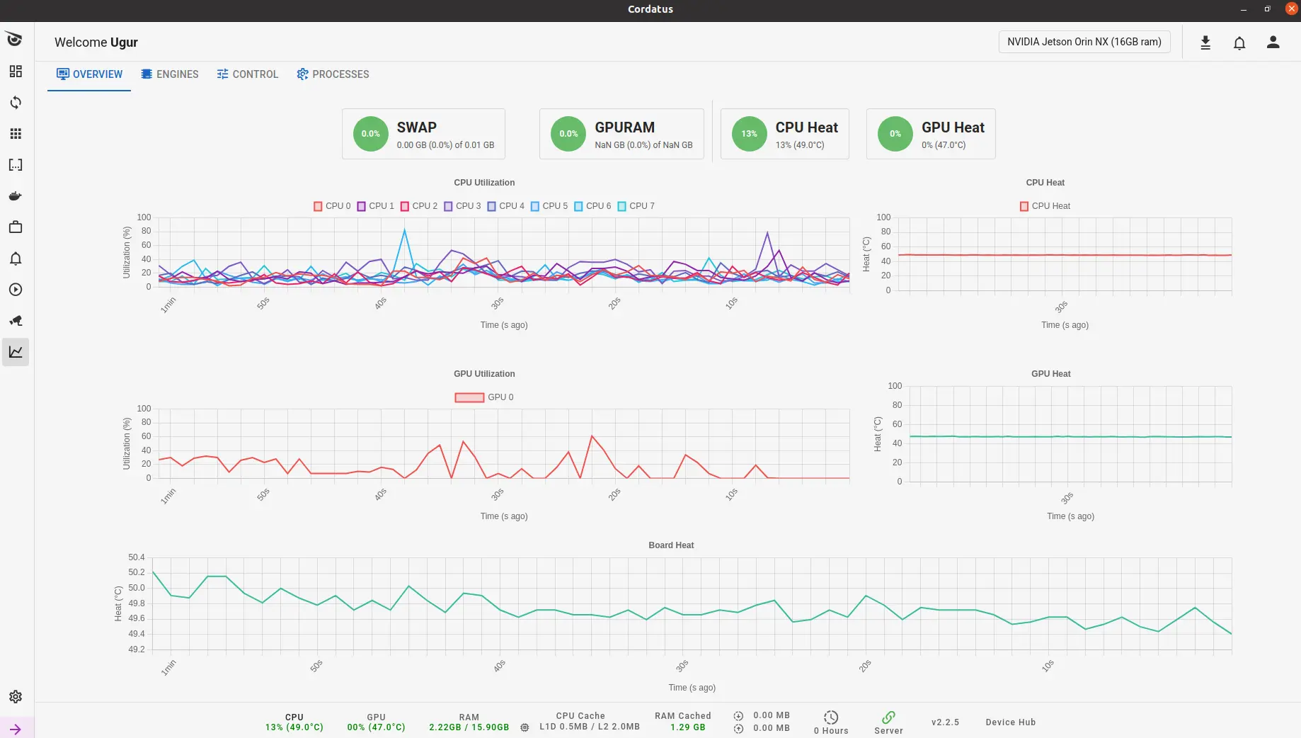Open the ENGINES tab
(170, 74)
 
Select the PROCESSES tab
(333, 74)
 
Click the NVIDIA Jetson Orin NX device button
(1084, 42)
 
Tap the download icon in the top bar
(1205, 42)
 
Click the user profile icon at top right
(1273, 42)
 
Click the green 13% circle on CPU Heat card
(749, 134)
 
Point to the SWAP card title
(416, 127)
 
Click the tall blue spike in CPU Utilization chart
(404, 230)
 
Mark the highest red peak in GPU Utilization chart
(592, 436)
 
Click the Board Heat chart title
(671, 545)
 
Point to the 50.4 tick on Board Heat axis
(136, 557)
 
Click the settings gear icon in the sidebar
(16, 697)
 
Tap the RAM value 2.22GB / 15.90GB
(469, 727)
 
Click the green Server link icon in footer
(888, 717)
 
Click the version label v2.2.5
(945, 722)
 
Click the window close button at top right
(1291, 8)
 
